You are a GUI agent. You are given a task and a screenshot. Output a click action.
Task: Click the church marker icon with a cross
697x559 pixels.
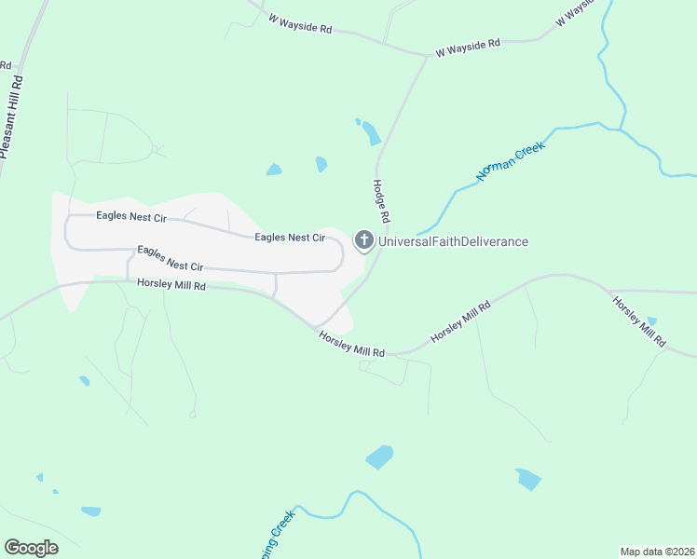[363, 240]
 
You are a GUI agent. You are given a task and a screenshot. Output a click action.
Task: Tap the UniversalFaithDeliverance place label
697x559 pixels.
[453, 242]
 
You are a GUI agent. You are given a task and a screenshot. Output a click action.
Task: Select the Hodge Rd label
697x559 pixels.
[381, 201]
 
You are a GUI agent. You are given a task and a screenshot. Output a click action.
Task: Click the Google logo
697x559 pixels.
[31, 548]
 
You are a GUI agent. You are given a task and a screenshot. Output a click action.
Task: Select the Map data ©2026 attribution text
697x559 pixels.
[657, 551]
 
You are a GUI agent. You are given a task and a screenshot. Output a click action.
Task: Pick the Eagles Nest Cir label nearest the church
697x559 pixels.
[290, 238]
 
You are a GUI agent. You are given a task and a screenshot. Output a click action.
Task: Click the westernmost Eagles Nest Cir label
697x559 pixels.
[131, 217]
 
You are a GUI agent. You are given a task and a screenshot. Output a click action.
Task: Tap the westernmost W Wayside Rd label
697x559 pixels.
[300, 23]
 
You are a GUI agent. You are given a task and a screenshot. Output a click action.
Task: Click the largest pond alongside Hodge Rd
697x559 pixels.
[372, 133]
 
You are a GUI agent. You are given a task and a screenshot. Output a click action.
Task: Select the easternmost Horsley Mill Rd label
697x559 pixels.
[638, 321]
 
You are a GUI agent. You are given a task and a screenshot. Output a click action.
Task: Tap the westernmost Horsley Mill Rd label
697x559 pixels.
[171, 285]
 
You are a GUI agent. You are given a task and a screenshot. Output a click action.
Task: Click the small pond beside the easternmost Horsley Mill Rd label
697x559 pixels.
[651, 321]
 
